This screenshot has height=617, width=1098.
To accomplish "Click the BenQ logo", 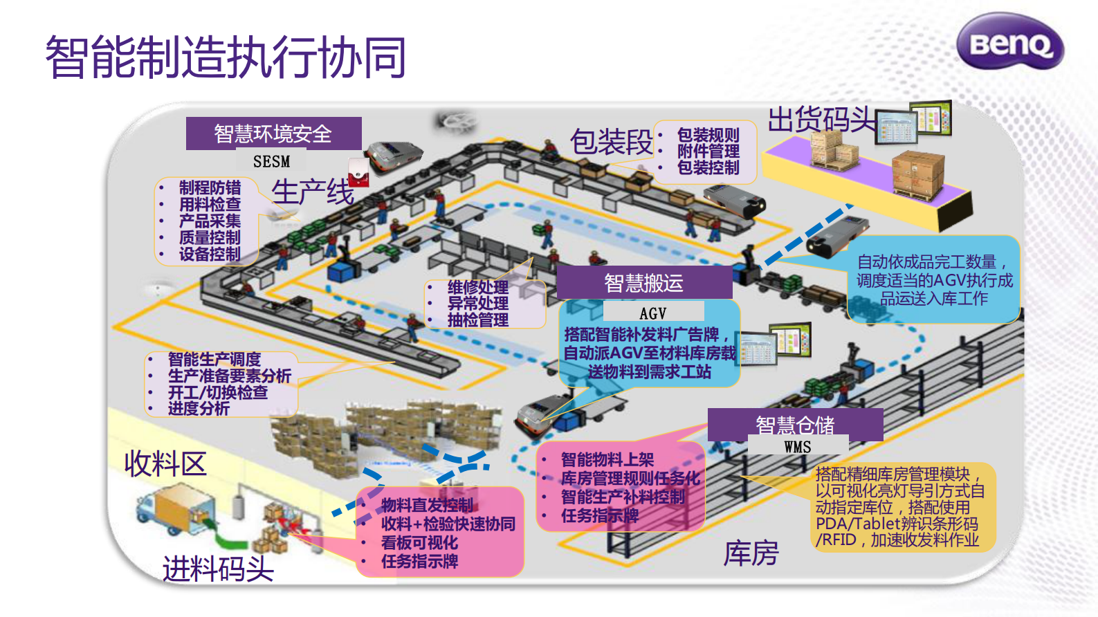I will pyautogui.click(x=1010, y=42).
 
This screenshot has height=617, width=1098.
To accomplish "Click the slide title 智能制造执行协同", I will pyautogui.click(x=226, y=57).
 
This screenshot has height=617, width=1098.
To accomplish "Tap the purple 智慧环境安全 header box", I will pyautogui.click(x=273, y=133).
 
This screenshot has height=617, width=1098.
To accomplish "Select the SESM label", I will pyautogui.click(x=271, y=161).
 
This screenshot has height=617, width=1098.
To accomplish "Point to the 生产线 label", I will pyautogui.click(x=313, y=192).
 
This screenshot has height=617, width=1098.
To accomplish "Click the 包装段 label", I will pyautogui.click(x=611, y=142).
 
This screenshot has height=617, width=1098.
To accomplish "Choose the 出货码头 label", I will pyautogui.click(x=821, y=120).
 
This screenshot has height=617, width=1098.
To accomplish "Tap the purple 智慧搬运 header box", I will pyautogui.click(x=643, y=283).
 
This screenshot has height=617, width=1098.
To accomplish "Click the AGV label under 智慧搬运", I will pyautogui.click(x=652, y=313).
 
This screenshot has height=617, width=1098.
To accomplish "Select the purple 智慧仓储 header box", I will pyautogui.click(x=795, y=424).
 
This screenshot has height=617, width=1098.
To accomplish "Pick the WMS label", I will pyautogui.click(x=797, y=447).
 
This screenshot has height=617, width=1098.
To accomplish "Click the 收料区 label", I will pyautogui.click(x=165, y=463).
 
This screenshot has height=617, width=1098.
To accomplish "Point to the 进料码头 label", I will pyautogui.click(x=218, y=569).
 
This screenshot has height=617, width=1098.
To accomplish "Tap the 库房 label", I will pyautogui.click(x=751, y=553).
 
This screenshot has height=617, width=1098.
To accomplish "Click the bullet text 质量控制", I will pyautogui.click(x=210, y=237).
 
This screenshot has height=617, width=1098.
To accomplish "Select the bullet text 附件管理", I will pyautogui.click(x=708, y=151).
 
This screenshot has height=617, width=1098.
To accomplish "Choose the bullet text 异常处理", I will pyautogui.click(x=477, y=303).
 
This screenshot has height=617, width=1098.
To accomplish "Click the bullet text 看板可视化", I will pyautogui.click(x=419, y=542).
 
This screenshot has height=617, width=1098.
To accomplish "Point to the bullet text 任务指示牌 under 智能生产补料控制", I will pyautogui.click(x=599, y=515).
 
